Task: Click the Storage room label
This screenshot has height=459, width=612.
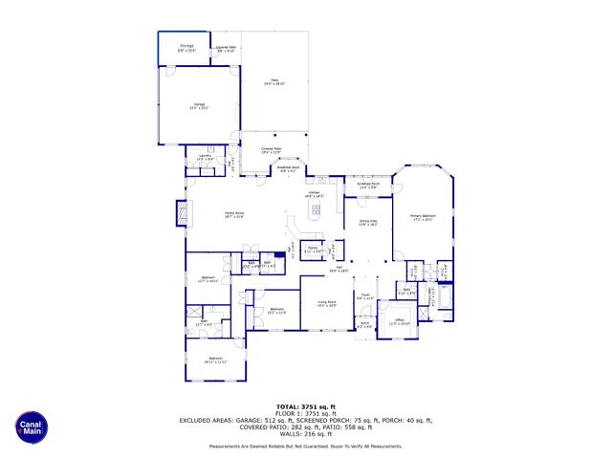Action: [186, 47]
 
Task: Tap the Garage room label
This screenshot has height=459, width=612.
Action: [199, 106]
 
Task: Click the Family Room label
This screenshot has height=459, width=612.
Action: [234, 215]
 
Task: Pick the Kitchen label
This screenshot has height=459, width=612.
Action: [315, 194]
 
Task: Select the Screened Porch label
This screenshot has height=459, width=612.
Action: [368, 185]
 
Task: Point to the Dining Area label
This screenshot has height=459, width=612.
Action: [368, 225]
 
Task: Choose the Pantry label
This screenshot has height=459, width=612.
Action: [311, 251]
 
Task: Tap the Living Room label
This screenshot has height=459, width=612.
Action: [326, 304]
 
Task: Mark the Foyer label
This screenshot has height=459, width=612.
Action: [364, 297]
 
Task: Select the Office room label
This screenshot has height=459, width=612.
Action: [399, 322]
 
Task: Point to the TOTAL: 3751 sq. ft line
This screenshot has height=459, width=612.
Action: [306, 406]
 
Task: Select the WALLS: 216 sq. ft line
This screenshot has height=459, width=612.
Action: [306, 434]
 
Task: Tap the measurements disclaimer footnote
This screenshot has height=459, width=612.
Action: [306, 447]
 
